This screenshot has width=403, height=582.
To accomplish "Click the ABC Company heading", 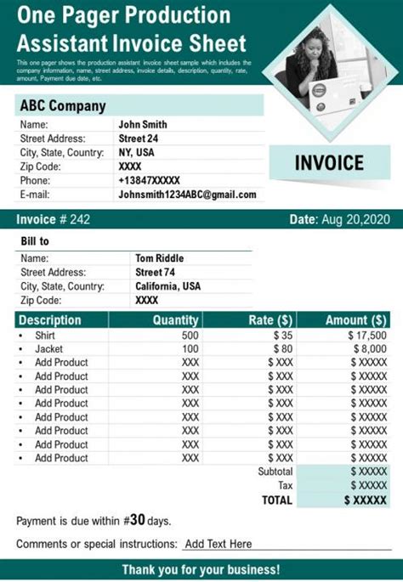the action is [x=63, y=106].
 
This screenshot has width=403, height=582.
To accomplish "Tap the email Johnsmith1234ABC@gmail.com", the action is [x=187, y=195].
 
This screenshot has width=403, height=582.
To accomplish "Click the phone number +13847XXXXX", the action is [x=150, y=180].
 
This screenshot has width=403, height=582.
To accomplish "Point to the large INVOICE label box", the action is [x=329, y=162].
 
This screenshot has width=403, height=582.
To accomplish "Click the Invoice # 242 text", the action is [x=53, y=220].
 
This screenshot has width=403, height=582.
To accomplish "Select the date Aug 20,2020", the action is [x=355, y=220].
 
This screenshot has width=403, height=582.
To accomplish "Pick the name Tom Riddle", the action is [x=159, y=258].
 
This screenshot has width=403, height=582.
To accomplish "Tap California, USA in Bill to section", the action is [x=168, y=286].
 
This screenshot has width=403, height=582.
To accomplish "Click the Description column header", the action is [x=50, y=320].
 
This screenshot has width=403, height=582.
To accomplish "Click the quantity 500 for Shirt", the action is [x=190, y=335].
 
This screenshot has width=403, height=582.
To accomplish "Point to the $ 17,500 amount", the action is [x=367, y=335].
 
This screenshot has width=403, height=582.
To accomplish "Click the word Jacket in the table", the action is [x=48, y=348].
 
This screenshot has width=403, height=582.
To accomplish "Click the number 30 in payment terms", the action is [x=138, y=519].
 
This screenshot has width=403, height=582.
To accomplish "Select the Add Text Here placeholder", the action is [x=219, y=544].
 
